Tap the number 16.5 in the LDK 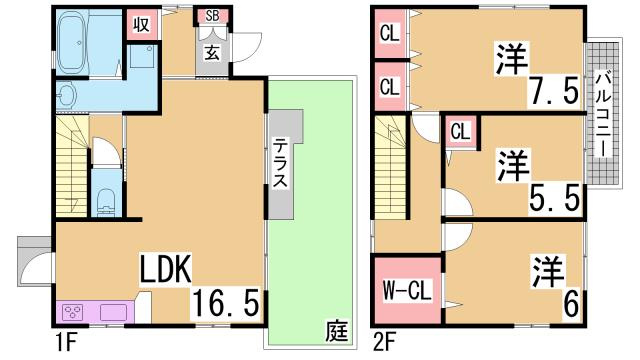(x=229, y=299)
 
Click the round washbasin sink (x=66, y=95)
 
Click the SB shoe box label (x=213, y=16)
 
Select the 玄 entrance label (x=214, y=54)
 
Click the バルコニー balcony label (x=603, y=112)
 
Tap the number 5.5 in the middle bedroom (x=556, y=198)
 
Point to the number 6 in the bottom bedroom (x=570, y=302)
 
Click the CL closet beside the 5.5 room (x=460, y=130)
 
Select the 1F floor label (x=66, y=342)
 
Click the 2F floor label (x=384, y=342)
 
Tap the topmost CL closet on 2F (x=389, y=32)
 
